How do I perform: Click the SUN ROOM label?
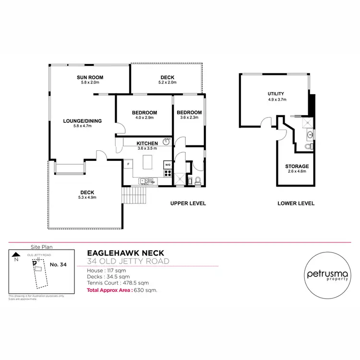(x=90, y=77)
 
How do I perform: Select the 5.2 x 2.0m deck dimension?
(x=168, y=83)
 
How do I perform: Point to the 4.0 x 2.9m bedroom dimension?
(x=144, y=118)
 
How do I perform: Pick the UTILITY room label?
(x=276, y=94)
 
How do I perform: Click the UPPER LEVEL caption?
(x=188, y=204)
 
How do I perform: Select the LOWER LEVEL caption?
(x=296, y=204)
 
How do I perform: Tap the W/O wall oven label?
(x=168, y=165)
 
